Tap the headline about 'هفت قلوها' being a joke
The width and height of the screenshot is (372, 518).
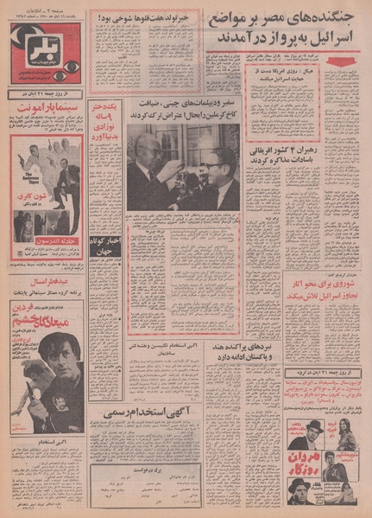(148, 17)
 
